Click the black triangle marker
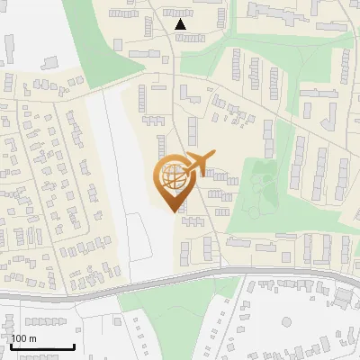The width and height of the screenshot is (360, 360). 181,25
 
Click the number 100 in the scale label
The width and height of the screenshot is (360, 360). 20,338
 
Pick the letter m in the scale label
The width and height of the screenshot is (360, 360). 32,338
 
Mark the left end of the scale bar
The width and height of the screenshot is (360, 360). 11,347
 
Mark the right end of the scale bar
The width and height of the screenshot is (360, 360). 74,347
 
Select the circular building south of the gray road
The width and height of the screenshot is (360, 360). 343,297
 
